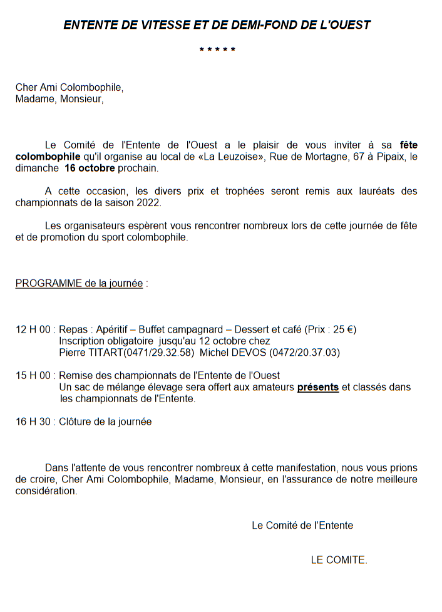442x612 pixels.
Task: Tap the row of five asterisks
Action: point(217,49)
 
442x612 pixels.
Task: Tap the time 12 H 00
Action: point(34,329)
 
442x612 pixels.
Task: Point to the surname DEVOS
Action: point(249,353)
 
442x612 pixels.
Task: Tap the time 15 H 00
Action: point(34,375)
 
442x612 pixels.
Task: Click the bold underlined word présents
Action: point(317,387)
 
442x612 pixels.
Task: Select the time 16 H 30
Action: point(34,422)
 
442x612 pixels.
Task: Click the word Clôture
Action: point(77,422)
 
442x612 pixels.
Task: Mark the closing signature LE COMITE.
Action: point(339,560)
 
